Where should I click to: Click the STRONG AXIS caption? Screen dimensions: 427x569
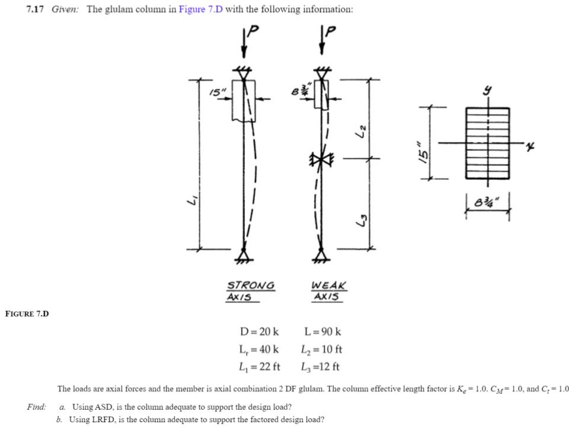coord(251,291)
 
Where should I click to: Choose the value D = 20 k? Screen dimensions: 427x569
coord(259,332)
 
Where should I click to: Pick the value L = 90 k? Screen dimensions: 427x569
coord(322,332)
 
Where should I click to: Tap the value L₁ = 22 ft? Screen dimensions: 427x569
coord(260,367)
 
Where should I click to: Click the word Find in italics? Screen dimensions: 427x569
coord(36,407)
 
